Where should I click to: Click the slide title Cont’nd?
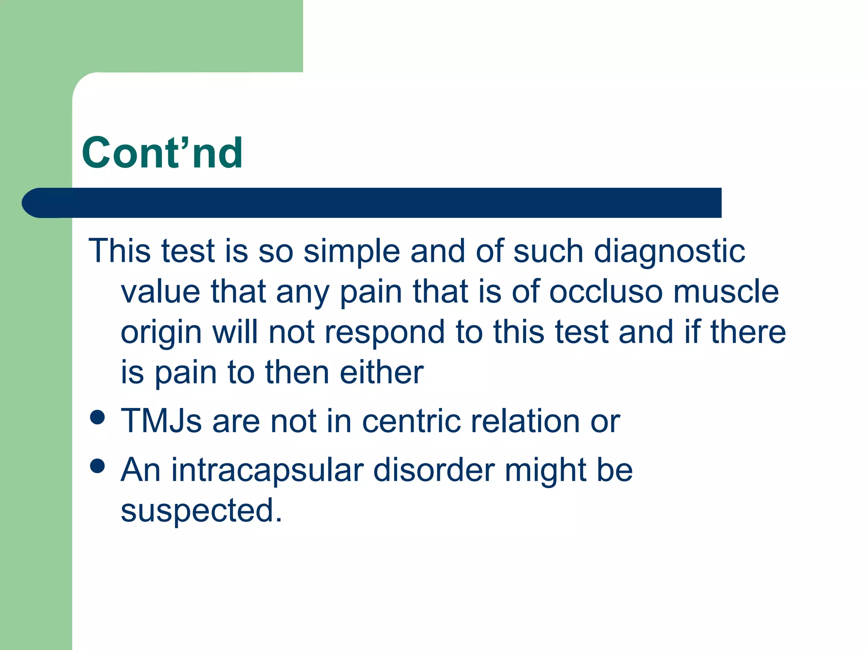point(162,153)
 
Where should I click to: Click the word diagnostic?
point(669,251)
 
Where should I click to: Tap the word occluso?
point(606,292)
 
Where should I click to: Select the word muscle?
point(726,292)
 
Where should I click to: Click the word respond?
point(384,333)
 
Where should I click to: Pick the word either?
point(381,372)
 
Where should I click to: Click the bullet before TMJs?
point(98,417)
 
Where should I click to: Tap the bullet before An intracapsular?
point(98,466)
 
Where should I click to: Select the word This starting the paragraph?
point(119,251)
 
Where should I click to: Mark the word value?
point(161,292)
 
